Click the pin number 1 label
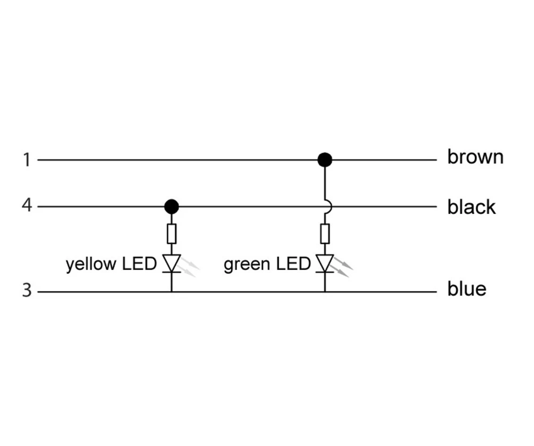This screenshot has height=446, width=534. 27,160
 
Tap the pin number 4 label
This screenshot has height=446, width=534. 27,205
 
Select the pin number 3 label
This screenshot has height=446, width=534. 27,291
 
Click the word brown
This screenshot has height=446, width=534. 475,157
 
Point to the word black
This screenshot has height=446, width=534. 472,206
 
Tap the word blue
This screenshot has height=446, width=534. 467,289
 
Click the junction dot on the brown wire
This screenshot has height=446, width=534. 325,160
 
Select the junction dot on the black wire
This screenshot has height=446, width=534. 171,206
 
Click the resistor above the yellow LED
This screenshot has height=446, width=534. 171,234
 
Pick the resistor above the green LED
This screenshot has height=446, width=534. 325,234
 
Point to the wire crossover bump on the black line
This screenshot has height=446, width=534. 327,206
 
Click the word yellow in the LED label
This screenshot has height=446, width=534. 90,264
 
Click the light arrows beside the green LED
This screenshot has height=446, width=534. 343,266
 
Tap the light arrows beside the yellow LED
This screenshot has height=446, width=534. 190,266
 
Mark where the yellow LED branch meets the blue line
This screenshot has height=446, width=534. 171,292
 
